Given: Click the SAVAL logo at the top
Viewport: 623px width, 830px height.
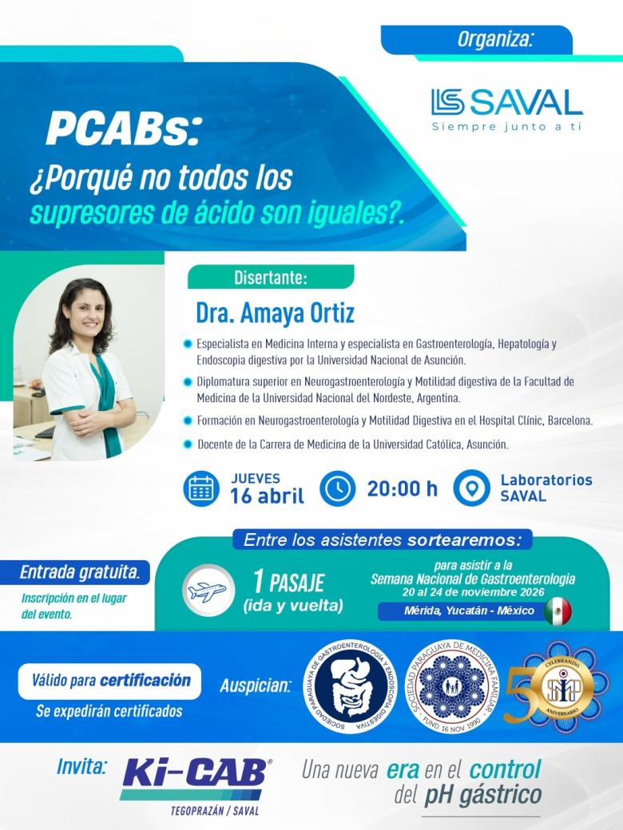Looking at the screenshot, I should coord(506,102).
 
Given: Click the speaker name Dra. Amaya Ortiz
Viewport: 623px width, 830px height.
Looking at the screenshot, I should coord(275,313).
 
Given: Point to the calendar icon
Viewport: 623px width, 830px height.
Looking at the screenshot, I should coord(201,489).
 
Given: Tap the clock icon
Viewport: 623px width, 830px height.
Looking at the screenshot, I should coord(338,488).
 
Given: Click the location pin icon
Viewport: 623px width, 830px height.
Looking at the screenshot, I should coord(471,488).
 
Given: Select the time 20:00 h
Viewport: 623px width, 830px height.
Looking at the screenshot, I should coord(402,489).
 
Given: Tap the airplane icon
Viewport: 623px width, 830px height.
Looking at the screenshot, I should coord(207,591).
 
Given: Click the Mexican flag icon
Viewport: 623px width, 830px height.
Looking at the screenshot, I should coord(558,611).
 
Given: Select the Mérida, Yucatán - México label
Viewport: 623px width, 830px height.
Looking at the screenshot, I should coord(458,611).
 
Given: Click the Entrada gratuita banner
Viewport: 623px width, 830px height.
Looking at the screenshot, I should coord(85,571).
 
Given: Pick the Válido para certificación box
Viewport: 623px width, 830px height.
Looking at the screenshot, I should coord(110,681).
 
